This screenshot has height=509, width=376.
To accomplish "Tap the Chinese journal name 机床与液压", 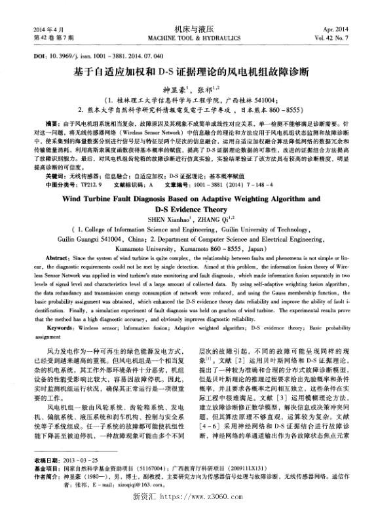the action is point(187,30).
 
